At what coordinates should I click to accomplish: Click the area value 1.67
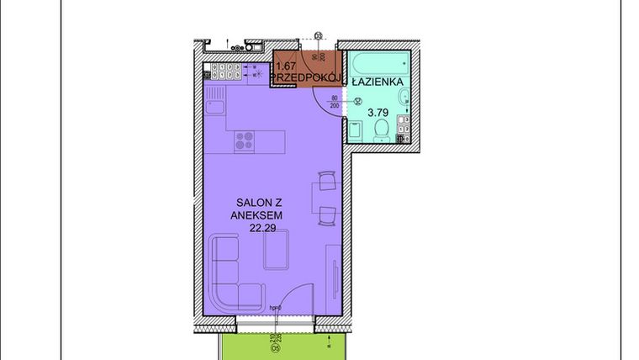click(286, 66)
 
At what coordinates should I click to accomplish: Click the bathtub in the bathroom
click(378, 63)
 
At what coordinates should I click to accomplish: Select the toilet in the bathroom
click(382, 129)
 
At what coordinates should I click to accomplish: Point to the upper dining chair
click(326, 181)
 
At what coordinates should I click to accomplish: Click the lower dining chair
click(326, 216)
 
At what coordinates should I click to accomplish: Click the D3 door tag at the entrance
click(319, 35)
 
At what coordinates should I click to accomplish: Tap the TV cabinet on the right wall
click(336, 269)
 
